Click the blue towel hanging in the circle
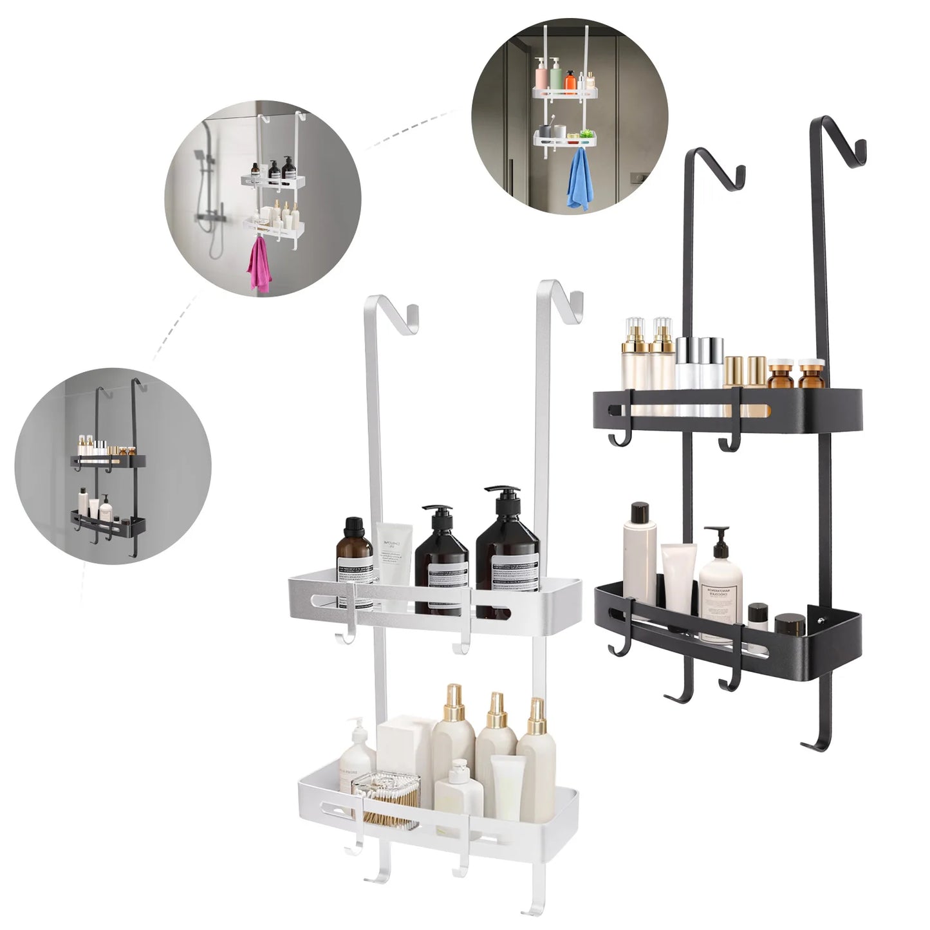tap(578, 181)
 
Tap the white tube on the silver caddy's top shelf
tap(393, 553)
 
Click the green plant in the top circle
tap(586, 134)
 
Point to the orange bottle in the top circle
tap(570, 82)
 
